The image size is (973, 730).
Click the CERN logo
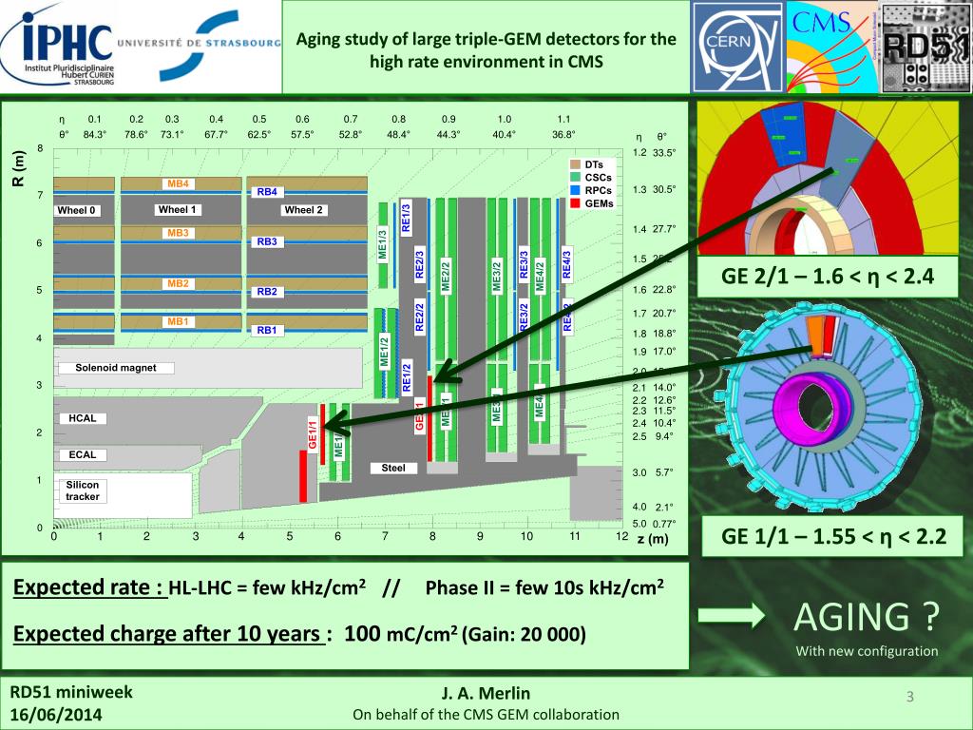pyautogui.click(x=737, y=48)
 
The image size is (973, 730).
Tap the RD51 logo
pyautogui.click(x=927, y=48)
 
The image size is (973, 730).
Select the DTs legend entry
pyautogui.click(x=594, y=163)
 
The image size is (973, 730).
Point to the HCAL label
pyautogui.click(x=83, y=417)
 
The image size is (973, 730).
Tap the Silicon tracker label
pyautogui.click(x=83, y=490)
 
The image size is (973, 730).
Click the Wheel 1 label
pyautogui.click(x=177, y=210)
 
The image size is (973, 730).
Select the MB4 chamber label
pyautogui.click(x=179, y=183)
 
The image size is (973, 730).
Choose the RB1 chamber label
pyautogui.click(x=267, y=330)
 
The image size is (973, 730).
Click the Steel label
pyautogui.click(x=392, y=468)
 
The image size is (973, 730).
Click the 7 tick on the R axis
pyautogui.click(x=39, y=196)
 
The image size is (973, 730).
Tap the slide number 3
pyautogui.click(x=909, y=699)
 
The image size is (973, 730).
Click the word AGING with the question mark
pyautogui.click(x=867, y=618)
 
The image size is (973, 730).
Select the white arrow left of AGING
pyautogui.click(x=732, y=617)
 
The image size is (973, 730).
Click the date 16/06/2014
pyautogui.click(x=58, y=714)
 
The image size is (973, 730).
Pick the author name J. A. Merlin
pyautogui.click(x=486, y=694)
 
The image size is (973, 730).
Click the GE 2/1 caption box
pyautogui.click(x=828, y=278)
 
